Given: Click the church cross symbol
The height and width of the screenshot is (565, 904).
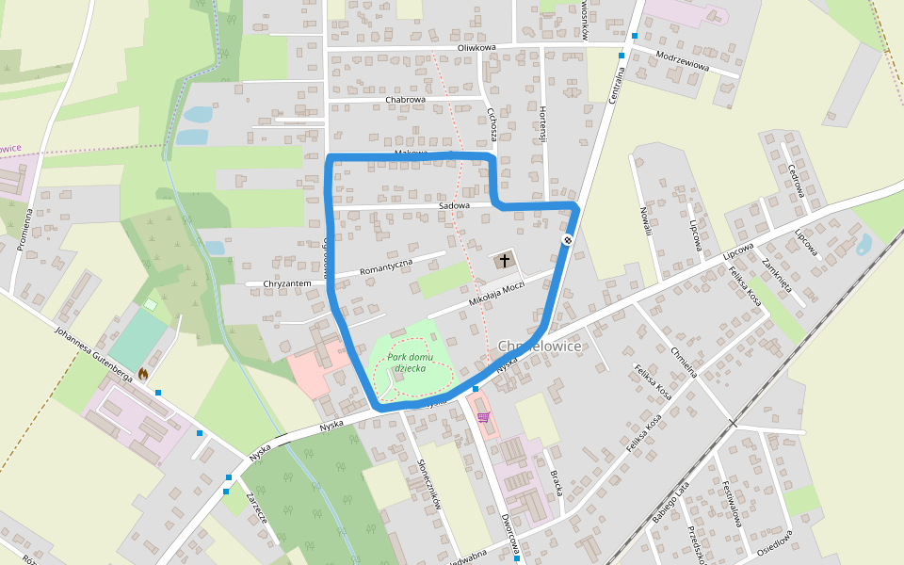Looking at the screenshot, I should [504, 260].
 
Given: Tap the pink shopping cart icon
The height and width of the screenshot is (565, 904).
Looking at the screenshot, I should [483, 417].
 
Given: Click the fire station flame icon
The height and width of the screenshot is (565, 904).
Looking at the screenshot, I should [143, 374].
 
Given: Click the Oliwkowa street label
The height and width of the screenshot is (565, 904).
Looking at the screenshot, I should [476, 47].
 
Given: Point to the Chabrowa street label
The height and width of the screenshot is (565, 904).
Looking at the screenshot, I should [406, 99].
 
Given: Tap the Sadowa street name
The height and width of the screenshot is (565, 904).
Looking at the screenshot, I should [454, 205].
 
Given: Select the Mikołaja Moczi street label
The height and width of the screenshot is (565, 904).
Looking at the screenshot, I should [496, 295].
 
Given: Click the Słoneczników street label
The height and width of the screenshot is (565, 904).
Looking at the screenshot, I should [428, 484].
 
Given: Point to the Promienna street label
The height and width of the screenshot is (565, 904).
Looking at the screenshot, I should [24, 230].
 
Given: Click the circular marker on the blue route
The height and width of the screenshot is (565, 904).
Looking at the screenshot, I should [568, 240].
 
